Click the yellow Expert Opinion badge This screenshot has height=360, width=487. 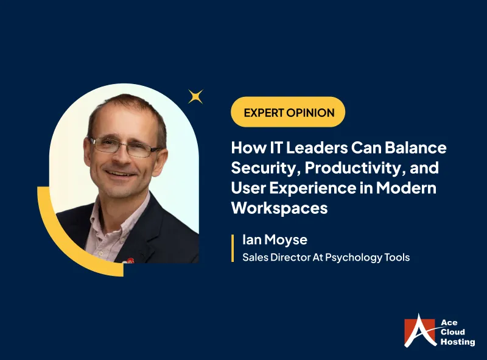[288, 112]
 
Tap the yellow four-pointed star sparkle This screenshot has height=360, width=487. [195, 96]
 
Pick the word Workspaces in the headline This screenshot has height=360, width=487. [279, 208]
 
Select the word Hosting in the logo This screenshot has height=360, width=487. [457, 342]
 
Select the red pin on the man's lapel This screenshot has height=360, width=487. [130, 244]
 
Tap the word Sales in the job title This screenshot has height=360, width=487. [254, 257]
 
